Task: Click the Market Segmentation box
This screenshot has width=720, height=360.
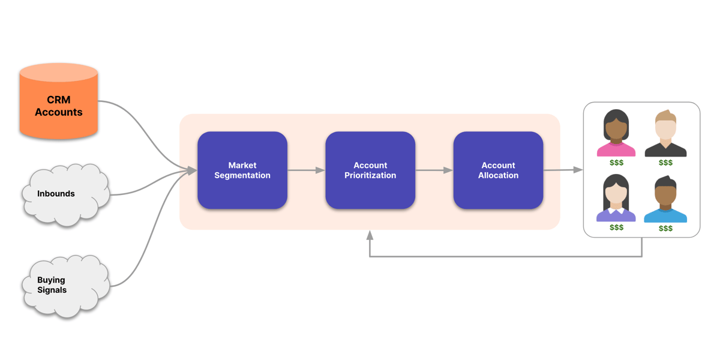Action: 242,170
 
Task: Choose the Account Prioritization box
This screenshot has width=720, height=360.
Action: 370,170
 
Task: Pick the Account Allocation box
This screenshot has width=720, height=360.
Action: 498,170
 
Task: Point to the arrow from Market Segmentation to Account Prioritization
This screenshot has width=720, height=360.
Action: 306,170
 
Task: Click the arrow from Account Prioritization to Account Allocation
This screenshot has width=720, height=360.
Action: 434,170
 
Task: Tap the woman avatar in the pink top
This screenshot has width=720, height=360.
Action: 616,134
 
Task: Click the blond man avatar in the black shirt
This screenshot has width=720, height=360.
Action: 665,134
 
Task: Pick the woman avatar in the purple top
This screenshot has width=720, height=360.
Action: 616,199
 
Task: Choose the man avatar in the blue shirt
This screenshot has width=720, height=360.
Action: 665,200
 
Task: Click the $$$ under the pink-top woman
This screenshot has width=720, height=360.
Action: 616,163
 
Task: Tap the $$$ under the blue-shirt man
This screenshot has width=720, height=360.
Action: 665,229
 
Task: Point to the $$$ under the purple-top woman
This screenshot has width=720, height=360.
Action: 616,227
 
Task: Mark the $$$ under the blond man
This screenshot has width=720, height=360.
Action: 665,163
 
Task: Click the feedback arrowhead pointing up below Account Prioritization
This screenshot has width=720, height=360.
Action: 370,235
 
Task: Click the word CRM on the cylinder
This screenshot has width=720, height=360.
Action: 59,100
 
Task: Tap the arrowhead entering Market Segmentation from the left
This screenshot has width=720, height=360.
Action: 192,171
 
